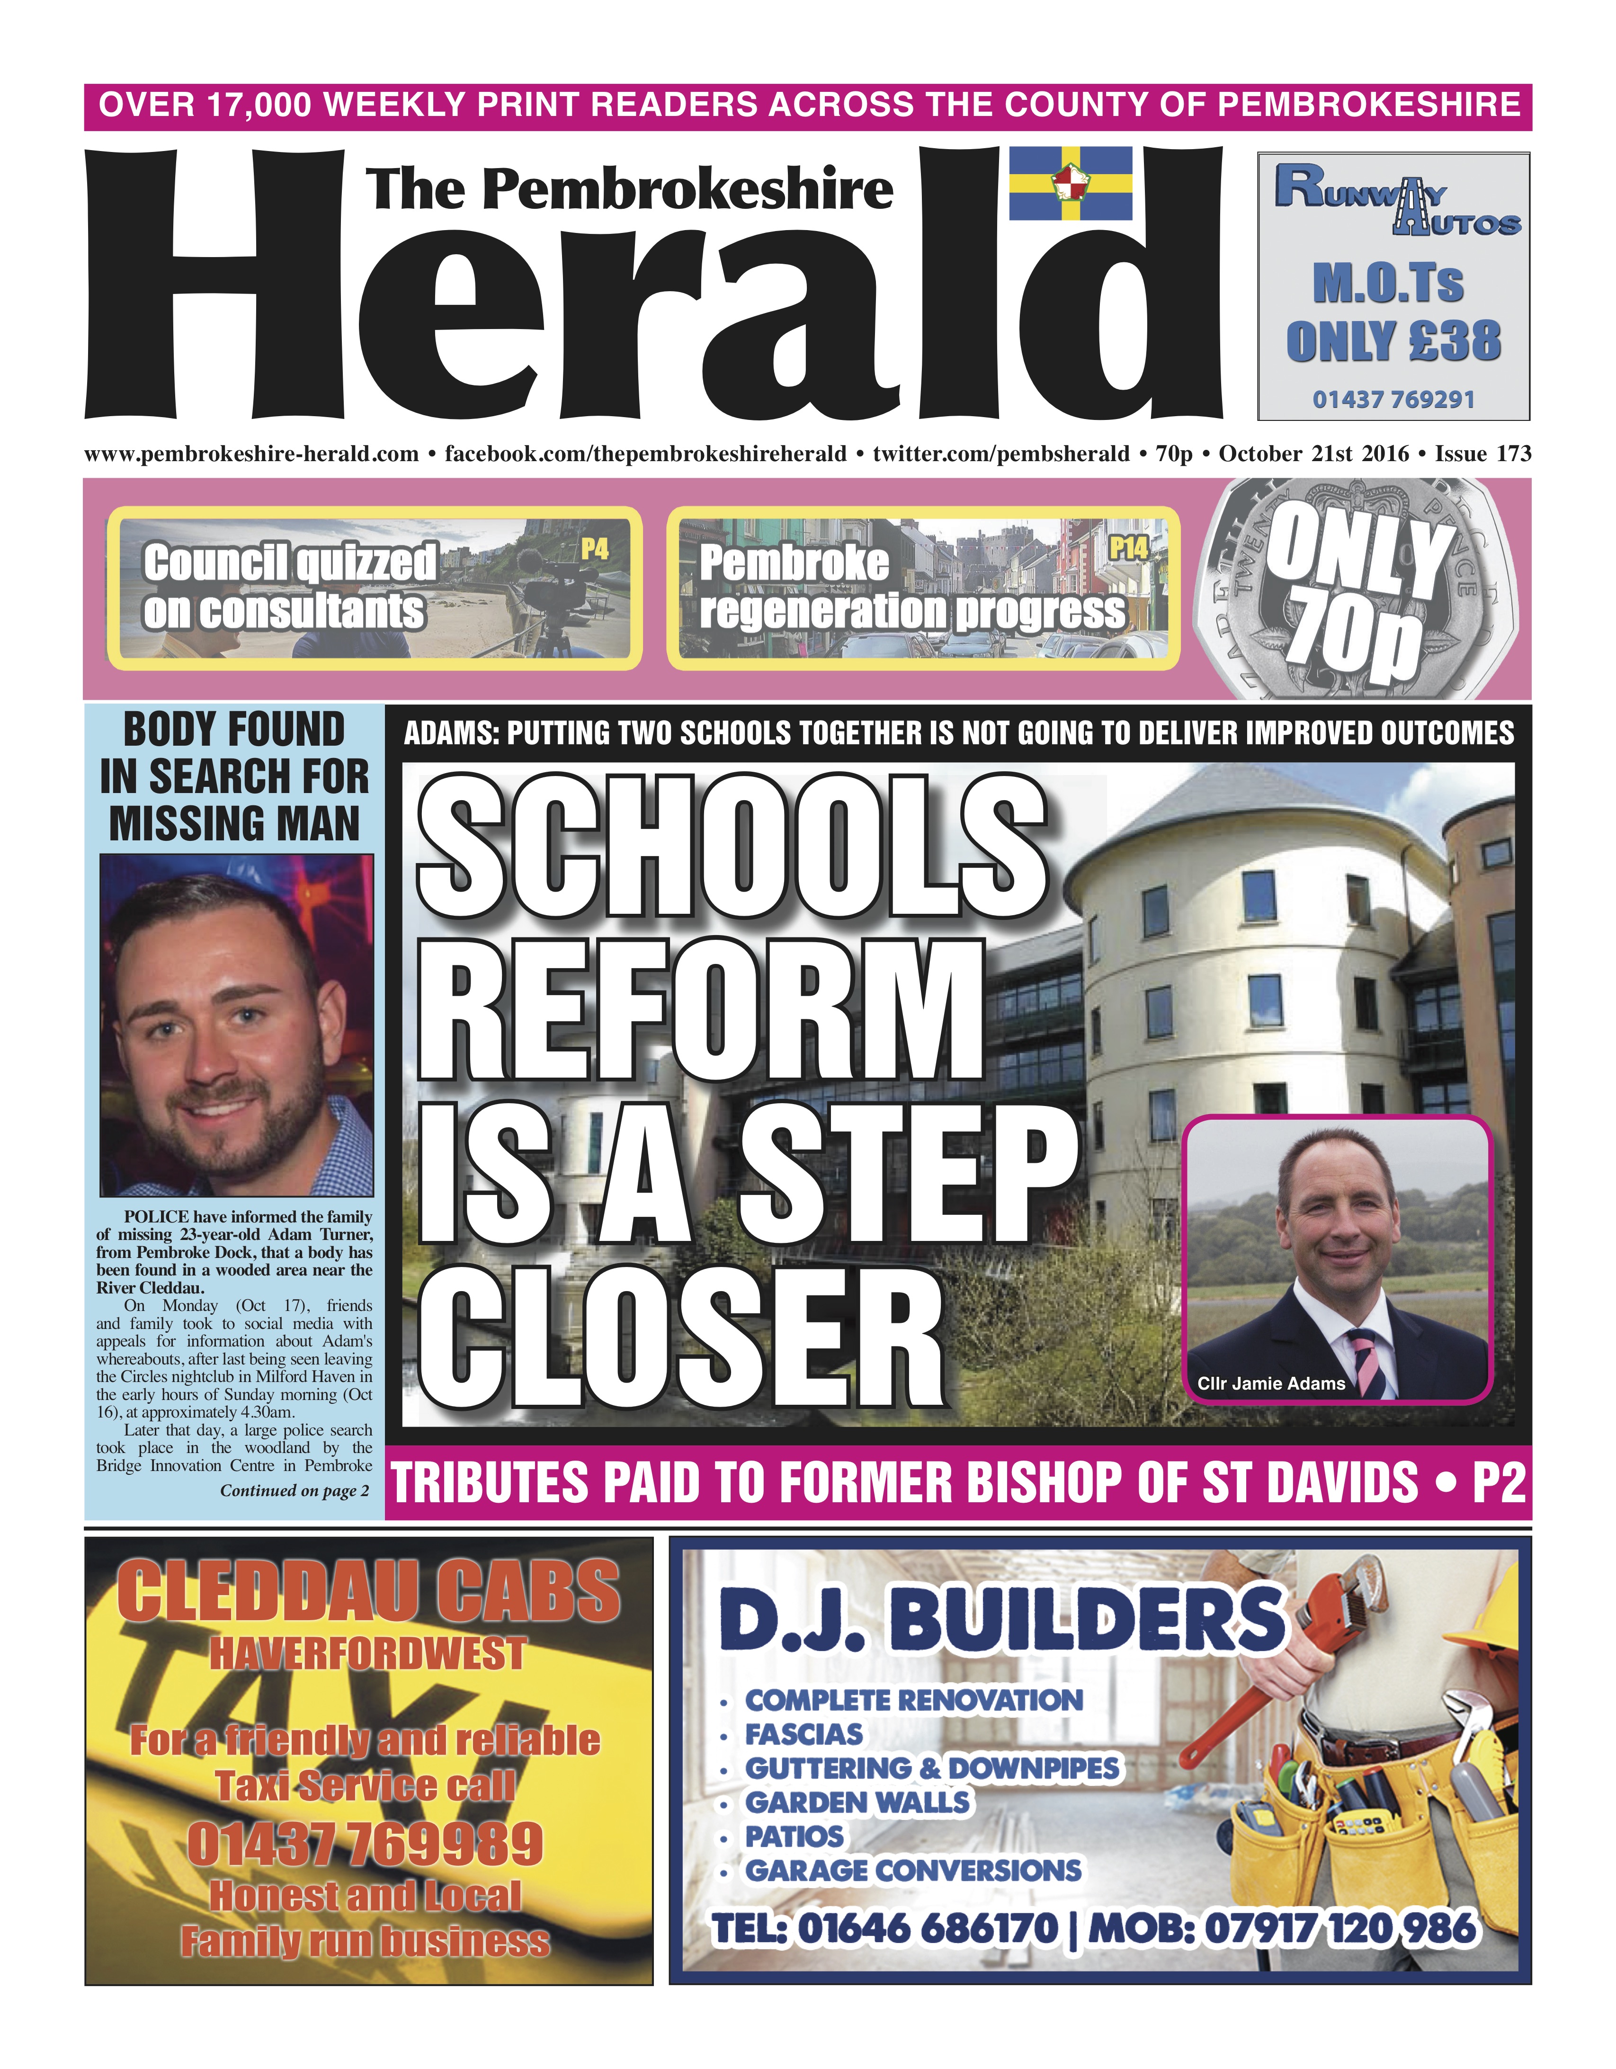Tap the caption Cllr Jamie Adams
[x=1270, y=1383]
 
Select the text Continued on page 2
[x=295, y=1490]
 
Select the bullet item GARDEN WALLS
[x=857, y=1801]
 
